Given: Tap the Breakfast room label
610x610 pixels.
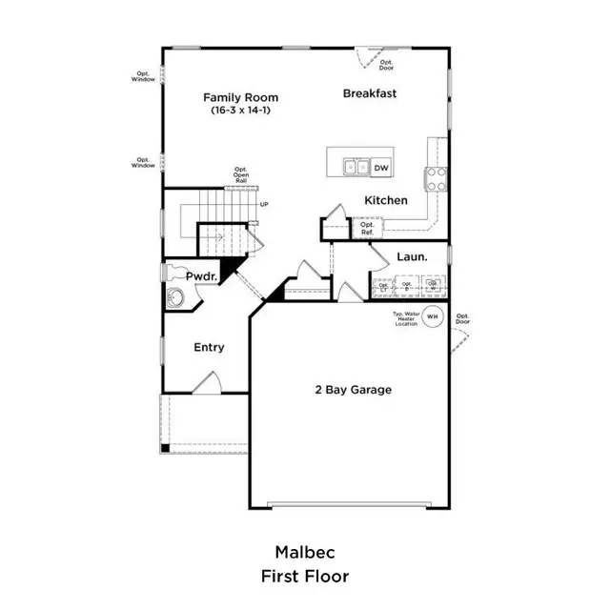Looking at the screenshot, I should [370, 93].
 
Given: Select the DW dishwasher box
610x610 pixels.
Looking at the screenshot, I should [381, 168].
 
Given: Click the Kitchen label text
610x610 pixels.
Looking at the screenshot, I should [386, 200].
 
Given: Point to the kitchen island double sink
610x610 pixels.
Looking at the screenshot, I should [356, 168].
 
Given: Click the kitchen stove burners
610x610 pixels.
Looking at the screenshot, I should [437, 177].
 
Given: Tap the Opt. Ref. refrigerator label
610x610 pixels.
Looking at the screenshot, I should [367, 228].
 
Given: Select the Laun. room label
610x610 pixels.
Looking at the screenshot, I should [412, 256].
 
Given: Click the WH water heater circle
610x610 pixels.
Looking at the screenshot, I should [433, 315].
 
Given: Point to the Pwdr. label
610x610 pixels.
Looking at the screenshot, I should [202, 275].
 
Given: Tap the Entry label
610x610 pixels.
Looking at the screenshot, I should [209, 347].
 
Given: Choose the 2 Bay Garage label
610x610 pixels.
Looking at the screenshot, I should [353, 389].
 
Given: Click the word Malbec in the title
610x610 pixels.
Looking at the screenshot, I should [304, 552].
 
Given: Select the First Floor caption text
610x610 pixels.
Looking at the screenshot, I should [304, 576].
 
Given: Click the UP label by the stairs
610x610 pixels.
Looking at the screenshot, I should [265, 203].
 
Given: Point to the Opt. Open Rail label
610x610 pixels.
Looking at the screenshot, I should [242, 174].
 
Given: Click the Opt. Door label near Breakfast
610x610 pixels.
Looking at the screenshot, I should [386, 64].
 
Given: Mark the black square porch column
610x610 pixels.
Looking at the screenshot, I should [165, 448].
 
